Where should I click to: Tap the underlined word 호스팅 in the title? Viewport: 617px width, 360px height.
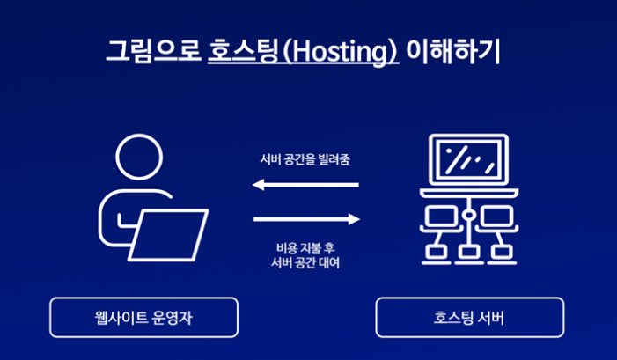[x=235, y=50]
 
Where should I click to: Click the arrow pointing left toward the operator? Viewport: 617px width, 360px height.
[x=305, y=185]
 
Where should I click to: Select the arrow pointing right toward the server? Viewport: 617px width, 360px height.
[x=306, y=218]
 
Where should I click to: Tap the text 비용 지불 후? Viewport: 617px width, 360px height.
[x=305, y=247]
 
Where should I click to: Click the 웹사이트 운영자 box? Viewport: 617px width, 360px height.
[x=143, y=317]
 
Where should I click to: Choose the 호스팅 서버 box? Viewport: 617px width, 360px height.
[x=469, y=317]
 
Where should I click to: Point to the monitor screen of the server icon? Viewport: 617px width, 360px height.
[x=468, y=160]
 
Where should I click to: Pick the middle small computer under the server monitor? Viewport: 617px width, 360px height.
[x=468, y=252]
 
